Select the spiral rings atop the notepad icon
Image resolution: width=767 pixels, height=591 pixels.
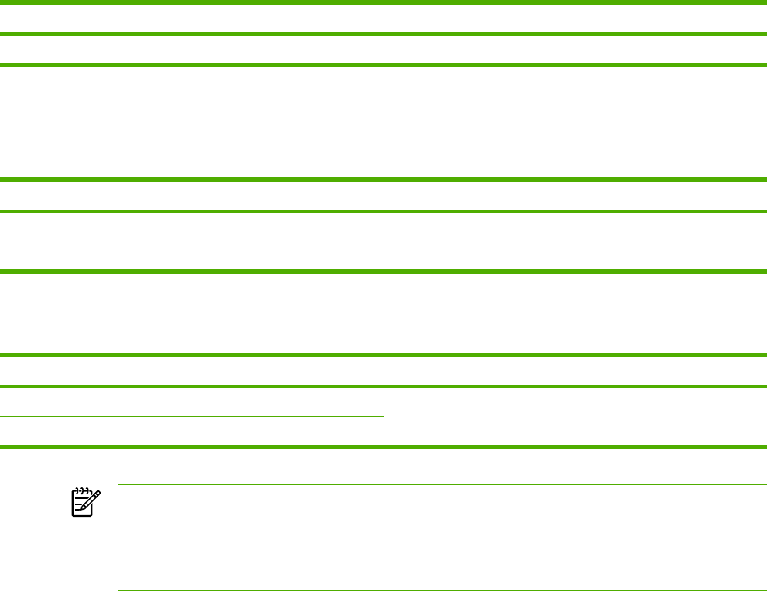pyautogui.click(x=81, y=490)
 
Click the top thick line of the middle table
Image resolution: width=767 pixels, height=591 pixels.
pyautogui.click(x=383, y=180)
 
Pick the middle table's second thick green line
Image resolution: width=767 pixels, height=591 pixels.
pyautogui.click(x=383, y=210)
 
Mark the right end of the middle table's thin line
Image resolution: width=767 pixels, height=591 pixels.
pyautogui.click(x=382, y=241)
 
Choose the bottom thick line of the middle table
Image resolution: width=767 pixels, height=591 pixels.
pyautogui.click(x=383, y=271)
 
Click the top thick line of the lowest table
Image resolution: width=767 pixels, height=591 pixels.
pyautogui.click(x=383, y=356)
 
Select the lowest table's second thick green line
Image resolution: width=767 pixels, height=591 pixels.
pyautogui.click(x=383, y=386)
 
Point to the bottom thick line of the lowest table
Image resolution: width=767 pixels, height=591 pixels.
pyautogui.click(x=383, y=446)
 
